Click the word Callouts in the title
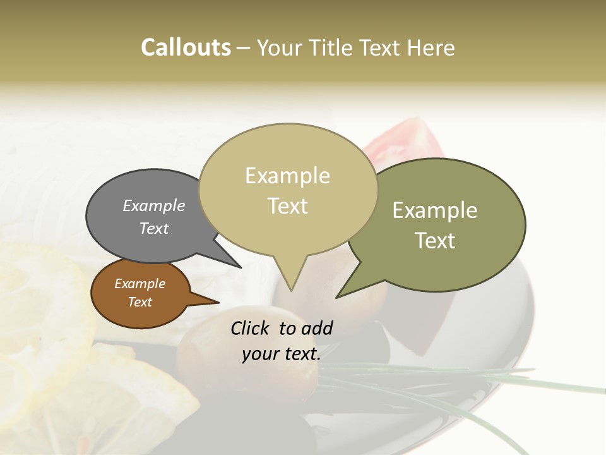[x=186, y=47]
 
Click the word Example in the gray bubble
[x=154, y=206]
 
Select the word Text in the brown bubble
[x=140, y=302]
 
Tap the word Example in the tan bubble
[x=288, y=176]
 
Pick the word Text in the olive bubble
[x=435, y=241]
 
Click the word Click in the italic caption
[x=251, y=328]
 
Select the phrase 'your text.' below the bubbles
[x=282, y=355]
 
